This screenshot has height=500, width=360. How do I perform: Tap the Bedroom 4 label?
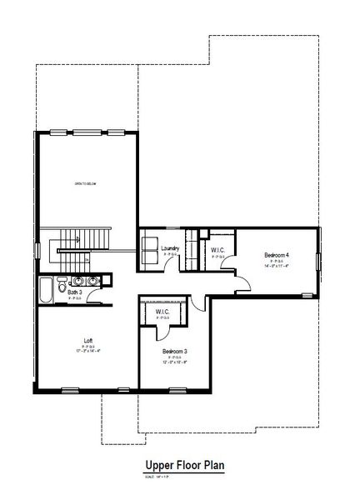tap(276, 254)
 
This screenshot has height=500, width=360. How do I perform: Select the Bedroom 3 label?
tap(174, 352)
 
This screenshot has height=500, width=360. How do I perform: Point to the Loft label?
tap(87, 340)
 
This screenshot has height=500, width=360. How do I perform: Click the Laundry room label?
tap(172, 247)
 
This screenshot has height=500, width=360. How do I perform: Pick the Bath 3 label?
tap(75, 292)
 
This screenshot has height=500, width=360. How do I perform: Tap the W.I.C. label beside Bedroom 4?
tap(219, 250)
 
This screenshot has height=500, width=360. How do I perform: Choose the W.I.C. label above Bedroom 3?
tap(162, 312)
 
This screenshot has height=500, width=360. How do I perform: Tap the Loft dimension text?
tap(87, 351)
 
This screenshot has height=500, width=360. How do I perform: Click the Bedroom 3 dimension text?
tap(174, 362)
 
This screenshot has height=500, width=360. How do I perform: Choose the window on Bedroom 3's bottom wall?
tap(174, 388)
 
